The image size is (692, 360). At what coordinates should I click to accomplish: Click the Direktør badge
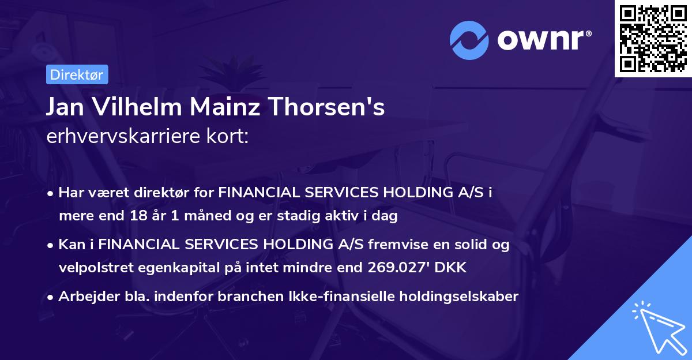click(x=77, y=75)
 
